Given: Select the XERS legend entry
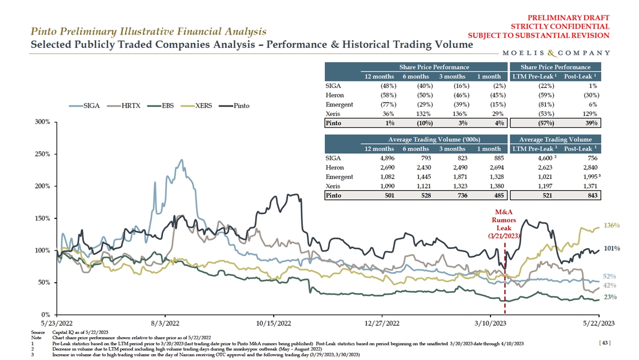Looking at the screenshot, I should click(x=203, y=105).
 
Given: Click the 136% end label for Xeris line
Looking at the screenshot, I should click(x=611, y=225).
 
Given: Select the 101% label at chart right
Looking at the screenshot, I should click(x=611, y=248).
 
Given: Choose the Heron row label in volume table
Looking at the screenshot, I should click(x=334, y=167).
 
